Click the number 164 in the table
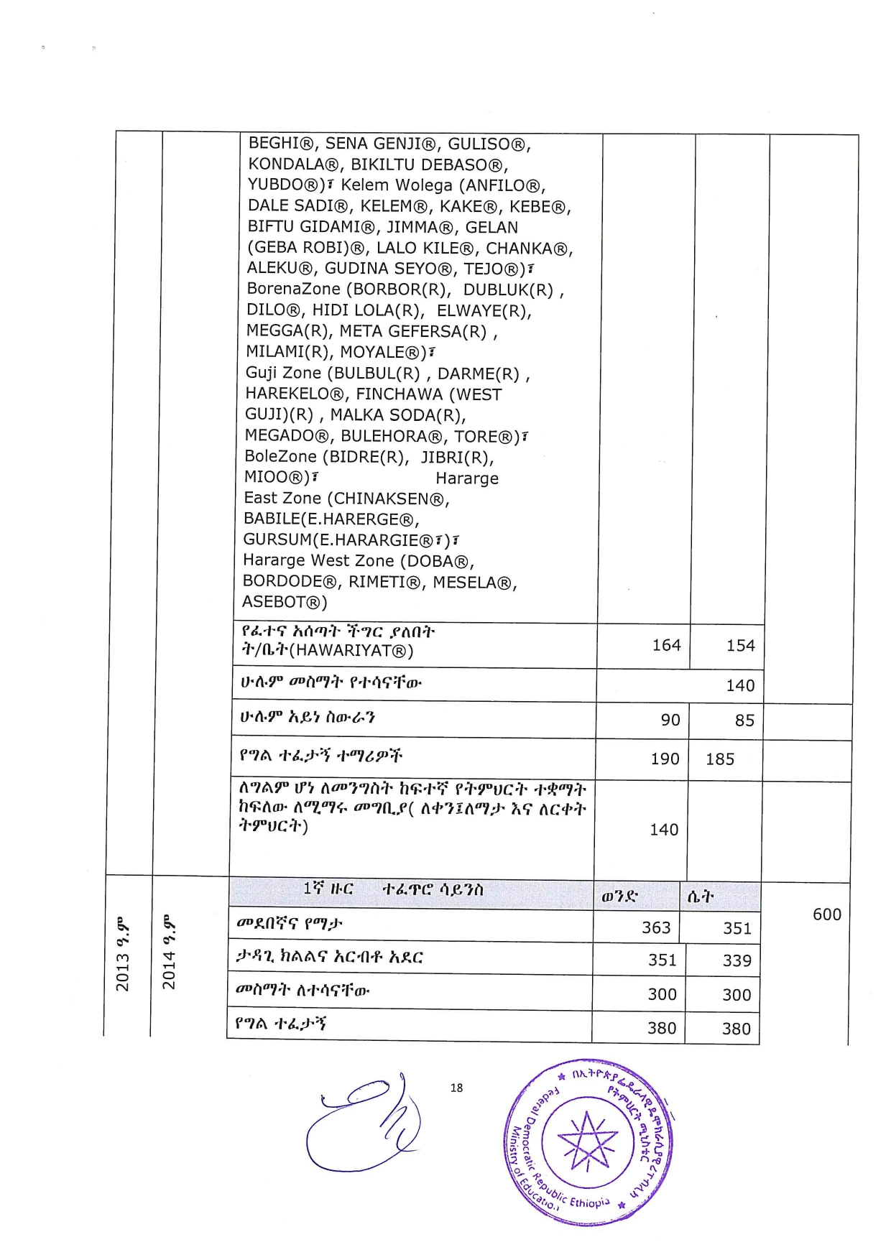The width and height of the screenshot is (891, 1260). pyautogui.click(x=666, y=645)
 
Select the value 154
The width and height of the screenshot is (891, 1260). pyautogui.click(x=740, y=646)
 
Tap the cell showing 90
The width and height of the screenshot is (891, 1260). pyautogui.click(x=670, y=720)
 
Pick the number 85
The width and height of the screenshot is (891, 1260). pyautogui.click(x=744, y=721)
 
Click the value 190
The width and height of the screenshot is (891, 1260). pyautogui.click(x=665, y=759)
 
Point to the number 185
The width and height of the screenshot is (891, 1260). pyautogui.click(x=719, y=759)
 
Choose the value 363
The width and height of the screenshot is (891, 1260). pyautogui.click(x=655, y=927)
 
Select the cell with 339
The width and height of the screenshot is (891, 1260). pyautogui.click(x=737, y=961)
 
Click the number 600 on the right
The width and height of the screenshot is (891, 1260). pyautogui.click(x=826, y=914)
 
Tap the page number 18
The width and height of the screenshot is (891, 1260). pyautogui.click(x=456, y=1088)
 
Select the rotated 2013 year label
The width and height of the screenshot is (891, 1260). pyautogui.click(x=123, y=955)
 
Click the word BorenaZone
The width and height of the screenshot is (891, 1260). pyautogui.click(x=293, y=289)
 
